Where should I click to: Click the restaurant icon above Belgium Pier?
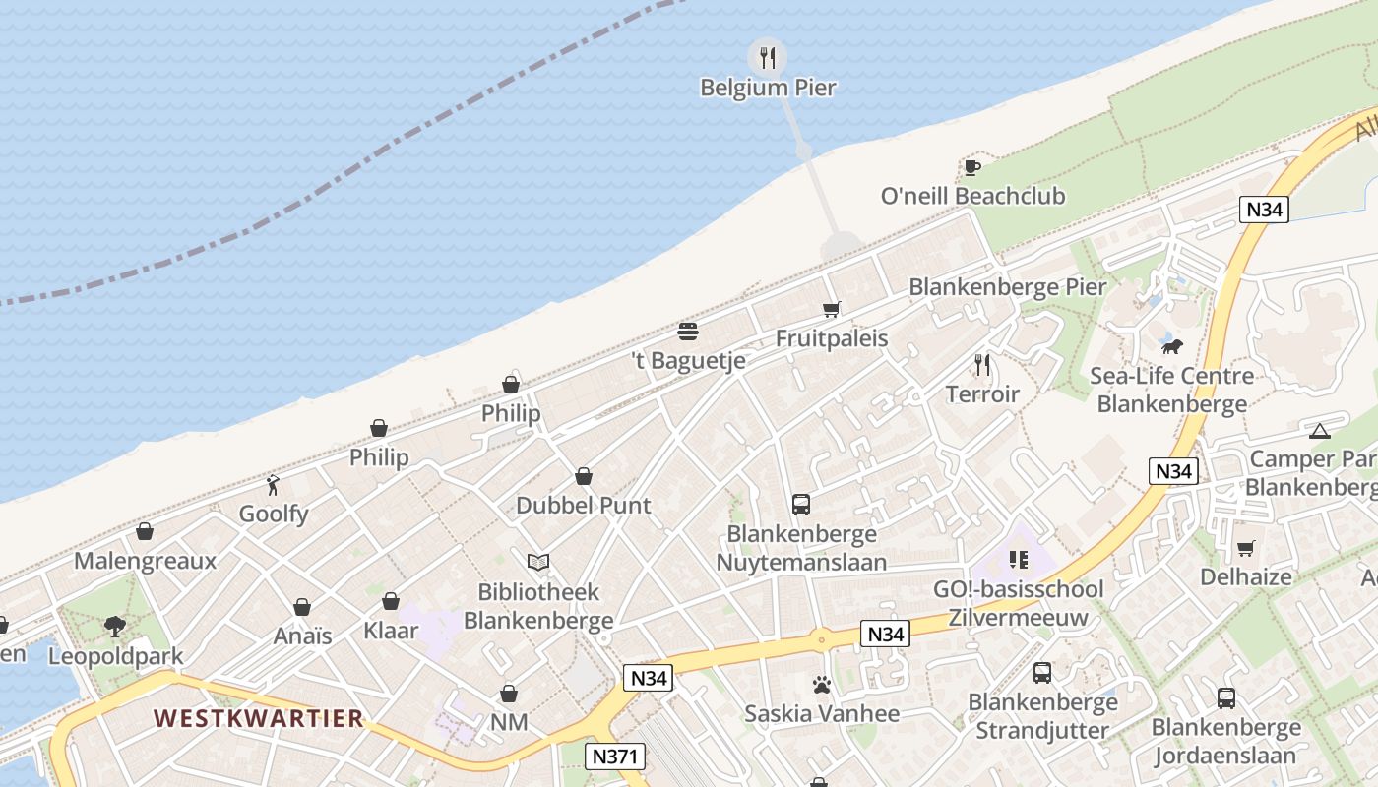click(768, 57)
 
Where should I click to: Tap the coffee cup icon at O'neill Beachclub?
click(972, 167)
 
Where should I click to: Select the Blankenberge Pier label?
click(1007, 287)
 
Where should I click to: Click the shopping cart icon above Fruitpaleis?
click(832, 310)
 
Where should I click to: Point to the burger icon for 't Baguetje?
click(688, 332)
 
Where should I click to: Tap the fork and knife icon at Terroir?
click(982, 365)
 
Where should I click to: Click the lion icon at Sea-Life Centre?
click(1171, 346)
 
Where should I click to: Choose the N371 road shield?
click(616, 757)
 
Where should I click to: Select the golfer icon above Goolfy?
click(274, 485)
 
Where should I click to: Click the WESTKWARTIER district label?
click(259, 718)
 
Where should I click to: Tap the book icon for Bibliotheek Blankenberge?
click(537, 563)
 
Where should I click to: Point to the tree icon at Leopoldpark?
click(115, 627)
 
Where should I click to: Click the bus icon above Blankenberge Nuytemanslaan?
click(801, 505)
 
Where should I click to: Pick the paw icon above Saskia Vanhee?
click(822, 684)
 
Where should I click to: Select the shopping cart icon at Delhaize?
click(1245, 548)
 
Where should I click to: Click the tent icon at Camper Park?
click(1320, 430)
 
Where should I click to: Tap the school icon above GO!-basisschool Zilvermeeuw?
click(1019, 561)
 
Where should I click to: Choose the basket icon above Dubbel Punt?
click(584, 476)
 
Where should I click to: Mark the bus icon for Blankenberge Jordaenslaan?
click(1226, 698)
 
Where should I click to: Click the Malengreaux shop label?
click(146, 562)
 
